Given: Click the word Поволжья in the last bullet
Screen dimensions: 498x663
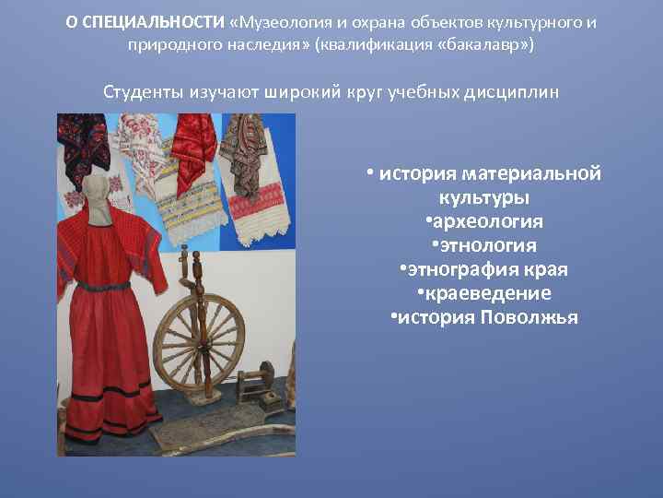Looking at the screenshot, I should [x=528, y=317].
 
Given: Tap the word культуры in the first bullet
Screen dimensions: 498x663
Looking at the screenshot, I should [x=483, y=197].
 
